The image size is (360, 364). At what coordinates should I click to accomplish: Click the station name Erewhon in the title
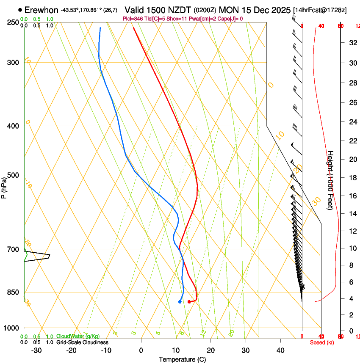pos(42,10)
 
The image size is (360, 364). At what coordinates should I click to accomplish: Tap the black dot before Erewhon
pos(20,10)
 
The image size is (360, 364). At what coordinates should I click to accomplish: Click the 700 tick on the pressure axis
pos(13,249)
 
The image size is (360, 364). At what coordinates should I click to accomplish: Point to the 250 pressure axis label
pos(13,22)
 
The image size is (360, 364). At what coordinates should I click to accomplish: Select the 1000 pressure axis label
pos(11,328)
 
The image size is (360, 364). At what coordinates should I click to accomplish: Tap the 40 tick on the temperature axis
pos(280,350)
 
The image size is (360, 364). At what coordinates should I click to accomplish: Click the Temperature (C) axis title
pos(182,359)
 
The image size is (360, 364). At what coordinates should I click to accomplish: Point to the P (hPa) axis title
pos(4,185)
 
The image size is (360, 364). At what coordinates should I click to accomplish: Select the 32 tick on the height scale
pos(352,42)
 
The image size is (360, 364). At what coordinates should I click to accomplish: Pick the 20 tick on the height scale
pos(352,159)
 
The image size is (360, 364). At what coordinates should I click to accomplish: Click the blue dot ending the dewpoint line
pos(180,302)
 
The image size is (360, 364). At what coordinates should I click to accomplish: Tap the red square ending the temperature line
pos(189,301)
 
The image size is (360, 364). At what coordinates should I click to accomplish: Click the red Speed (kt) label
pos(322,342)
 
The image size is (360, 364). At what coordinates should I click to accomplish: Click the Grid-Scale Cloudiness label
pos(82,342)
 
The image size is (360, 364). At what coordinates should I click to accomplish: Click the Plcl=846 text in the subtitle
pos(133,19)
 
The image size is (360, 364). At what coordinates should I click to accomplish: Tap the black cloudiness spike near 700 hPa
pos(49,255)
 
